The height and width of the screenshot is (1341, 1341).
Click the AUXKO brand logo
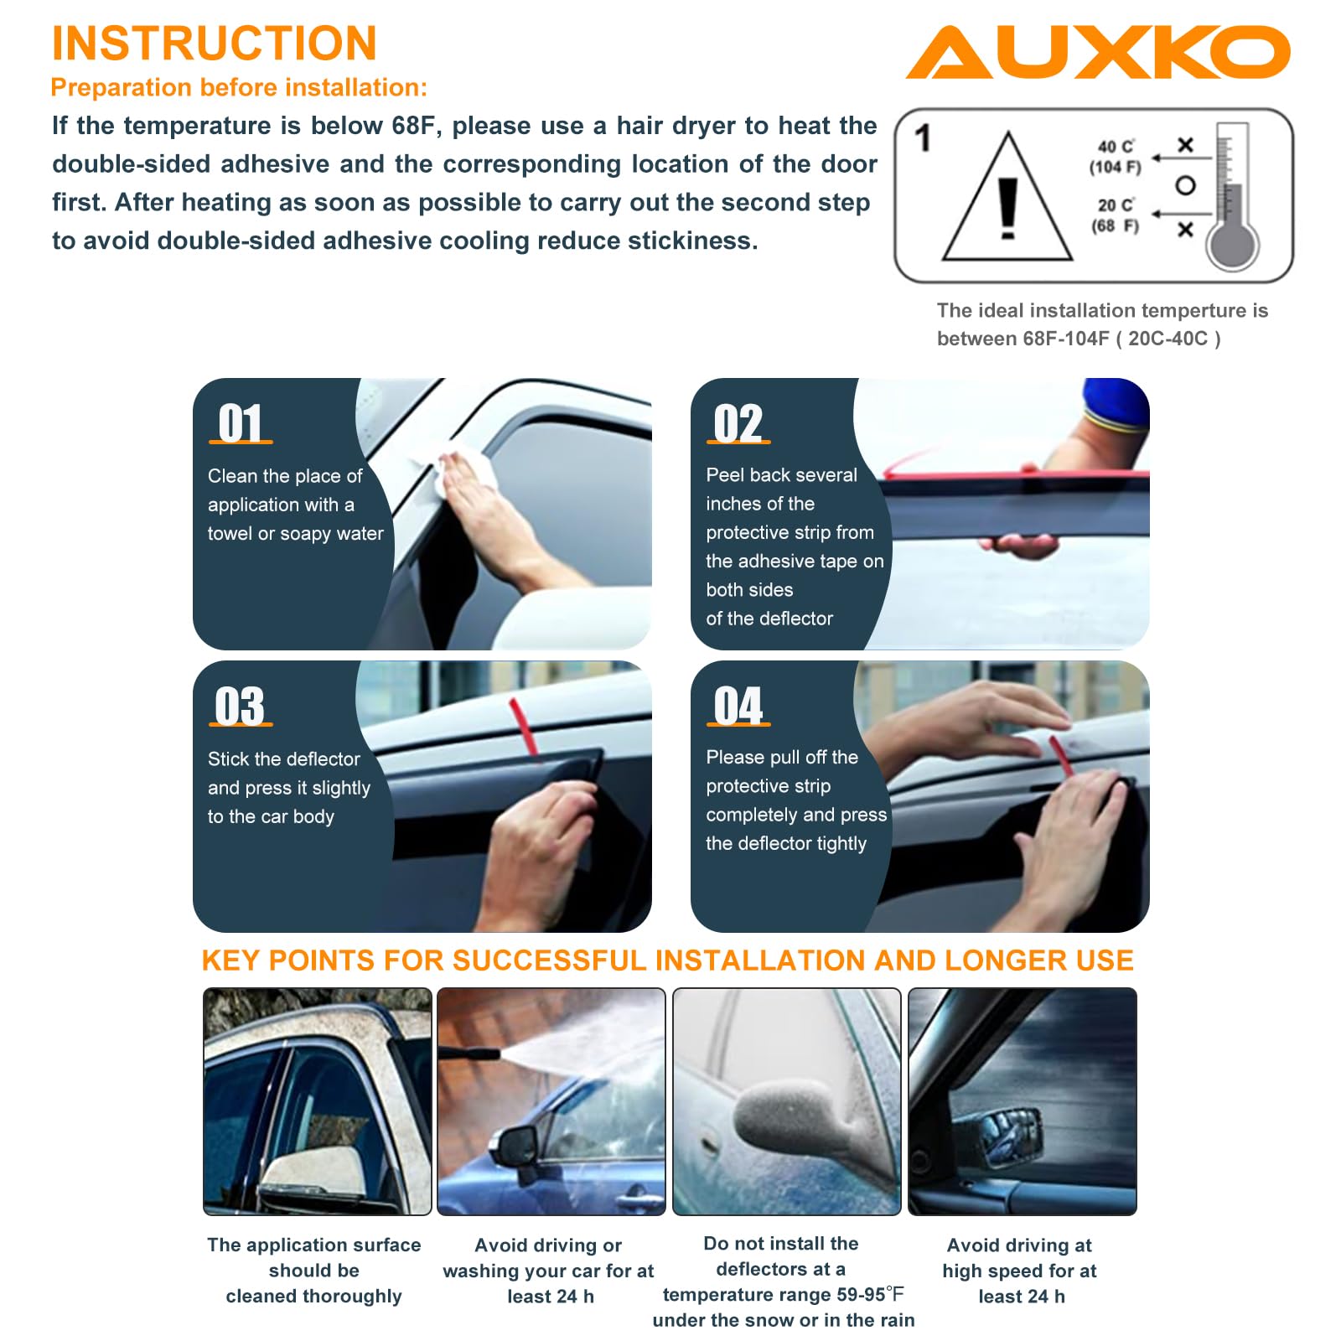pyautogui.click(x=1098, y=52)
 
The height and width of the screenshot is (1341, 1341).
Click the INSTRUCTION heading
pyautogui.click(x=215, y=43)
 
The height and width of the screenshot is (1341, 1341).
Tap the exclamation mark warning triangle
pyautogui.click(x=1007, y=198)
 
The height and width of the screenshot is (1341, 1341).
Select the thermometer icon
pyautogui.click(x=1232, y=196)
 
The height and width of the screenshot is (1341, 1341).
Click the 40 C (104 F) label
pyautogui.click(x=1116, y=157)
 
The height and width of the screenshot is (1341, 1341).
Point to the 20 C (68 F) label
pyautogui.click(x=1116, y=215)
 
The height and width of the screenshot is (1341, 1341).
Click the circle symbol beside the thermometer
pyautogui.click(x=1185, y=185)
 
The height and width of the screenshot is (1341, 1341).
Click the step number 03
pyautogui.click(x=240, y=706)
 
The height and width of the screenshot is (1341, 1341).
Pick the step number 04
pyautogui.click(x=738, y=706)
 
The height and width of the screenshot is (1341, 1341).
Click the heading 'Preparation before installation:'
pyautogui.click(x=239, y=87)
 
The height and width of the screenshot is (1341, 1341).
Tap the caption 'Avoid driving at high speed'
pyautogui.click(x=1020, y=1258)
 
